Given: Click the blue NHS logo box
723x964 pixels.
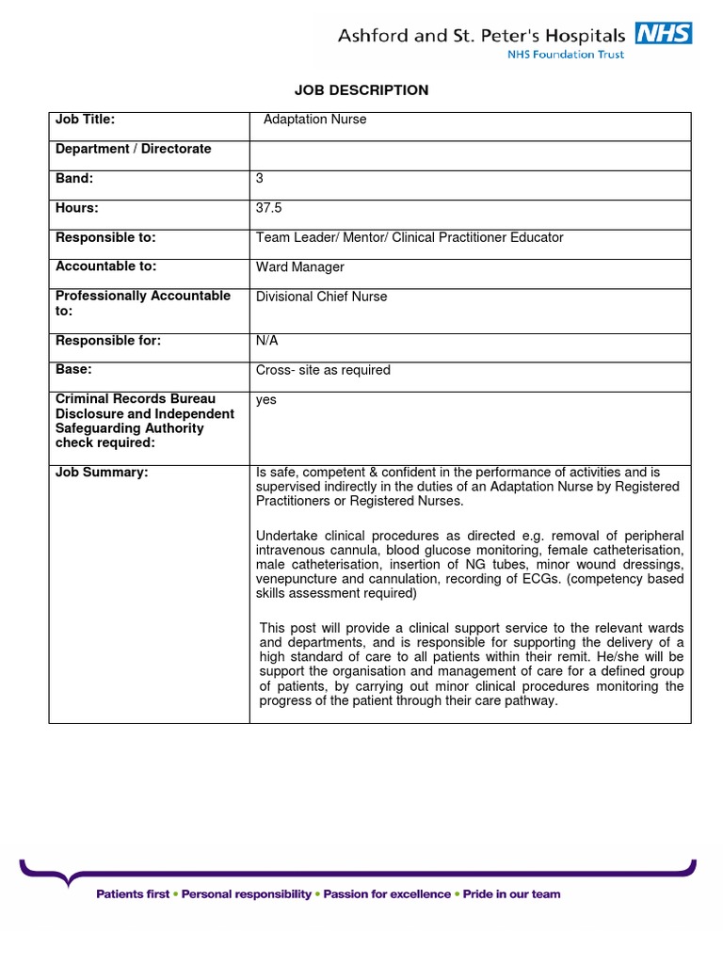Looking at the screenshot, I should (x=664, y=34).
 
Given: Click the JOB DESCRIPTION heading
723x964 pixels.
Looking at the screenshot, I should (x=361, y=90).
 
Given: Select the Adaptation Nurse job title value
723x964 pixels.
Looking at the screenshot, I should (x=314, y=120).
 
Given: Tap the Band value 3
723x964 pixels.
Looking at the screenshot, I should (x=260, y=178).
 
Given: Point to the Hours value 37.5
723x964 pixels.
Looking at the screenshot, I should (x=268, y=208).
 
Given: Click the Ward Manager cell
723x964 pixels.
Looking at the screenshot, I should (x=299, y=267).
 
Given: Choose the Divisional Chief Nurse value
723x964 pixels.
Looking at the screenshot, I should (x=321, y=297).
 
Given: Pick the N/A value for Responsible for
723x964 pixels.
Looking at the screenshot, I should (x=266, y=341).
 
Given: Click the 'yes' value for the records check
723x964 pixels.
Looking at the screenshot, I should (x=266, y=399).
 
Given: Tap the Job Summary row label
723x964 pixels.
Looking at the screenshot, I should (x=102, y=473).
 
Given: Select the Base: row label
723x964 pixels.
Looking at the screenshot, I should (x=73, y=370).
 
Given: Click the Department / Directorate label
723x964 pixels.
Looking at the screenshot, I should (x=133, y=149).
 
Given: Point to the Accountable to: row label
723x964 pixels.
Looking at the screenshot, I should (x=105, y=266).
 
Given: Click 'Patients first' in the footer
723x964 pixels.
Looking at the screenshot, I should (x=133, y=893).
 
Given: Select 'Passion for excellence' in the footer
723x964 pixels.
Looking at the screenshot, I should (x=387, y=893).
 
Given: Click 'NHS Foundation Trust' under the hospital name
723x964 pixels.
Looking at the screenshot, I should (x=565, y=55).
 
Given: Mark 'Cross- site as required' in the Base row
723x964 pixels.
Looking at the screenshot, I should (x=323, y=370).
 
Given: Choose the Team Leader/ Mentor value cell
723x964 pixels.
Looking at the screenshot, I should (x=410, y=237).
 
